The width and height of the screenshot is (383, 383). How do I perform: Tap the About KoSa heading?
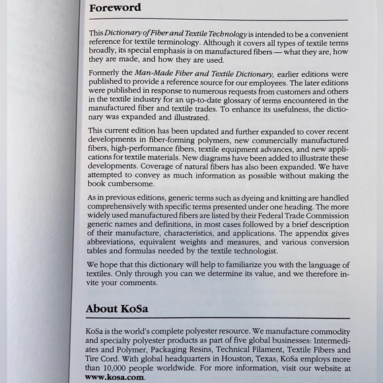tap(120, 308)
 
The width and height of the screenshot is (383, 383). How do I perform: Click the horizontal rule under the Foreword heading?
tap(218, 20)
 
